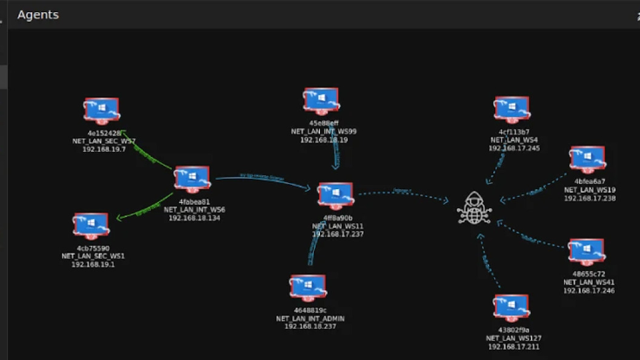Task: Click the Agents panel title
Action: coord(38,15)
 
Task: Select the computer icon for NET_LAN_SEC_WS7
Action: coord(101,111)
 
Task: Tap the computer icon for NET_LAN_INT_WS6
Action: coord(192,179)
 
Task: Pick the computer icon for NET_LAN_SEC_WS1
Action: coord(91,225)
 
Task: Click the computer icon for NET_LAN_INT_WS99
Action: coord(321,101)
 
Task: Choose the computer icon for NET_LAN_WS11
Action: coord(335,195)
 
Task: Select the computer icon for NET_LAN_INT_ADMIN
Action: coord(308,288)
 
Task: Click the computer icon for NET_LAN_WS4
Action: coord(512,110)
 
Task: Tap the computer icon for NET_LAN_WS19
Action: coord(587,159)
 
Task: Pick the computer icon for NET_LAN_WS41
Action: coord(585,252)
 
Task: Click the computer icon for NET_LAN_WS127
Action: coord(512,308)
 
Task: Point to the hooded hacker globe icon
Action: coord(474,208)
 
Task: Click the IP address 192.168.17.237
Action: coord(338,234)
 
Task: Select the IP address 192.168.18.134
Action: coord(195,218)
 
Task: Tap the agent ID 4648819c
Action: coord(310,310)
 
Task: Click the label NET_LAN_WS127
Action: coord(513,338)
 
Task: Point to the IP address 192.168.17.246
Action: coord(588,291)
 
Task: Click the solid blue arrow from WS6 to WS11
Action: coord(261,179)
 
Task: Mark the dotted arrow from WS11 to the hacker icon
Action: coord(403,193)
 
